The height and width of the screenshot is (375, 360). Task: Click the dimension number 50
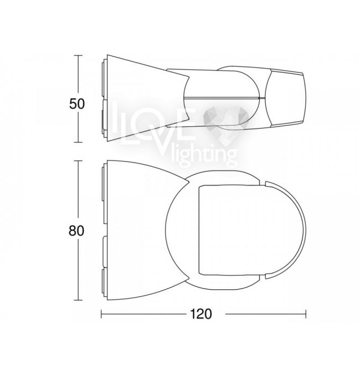click(77, 104)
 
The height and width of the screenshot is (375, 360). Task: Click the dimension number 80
click(76, 231)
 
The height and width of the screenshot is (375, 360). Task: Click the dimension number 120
click(201, 314)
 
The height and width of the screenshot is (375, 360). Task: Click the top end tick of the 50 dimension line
click(78, 55)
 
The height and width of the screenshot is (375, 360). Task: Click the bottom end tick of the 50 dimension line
click(78, 142)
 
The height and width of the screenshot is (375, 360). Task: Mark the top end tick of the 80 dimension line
click(78, 161)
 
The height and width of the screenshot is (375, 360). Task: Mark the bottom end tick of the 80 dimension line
click(78, 300)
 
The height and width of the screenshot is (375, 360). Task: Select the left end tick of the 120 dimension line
click(101, 314)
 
